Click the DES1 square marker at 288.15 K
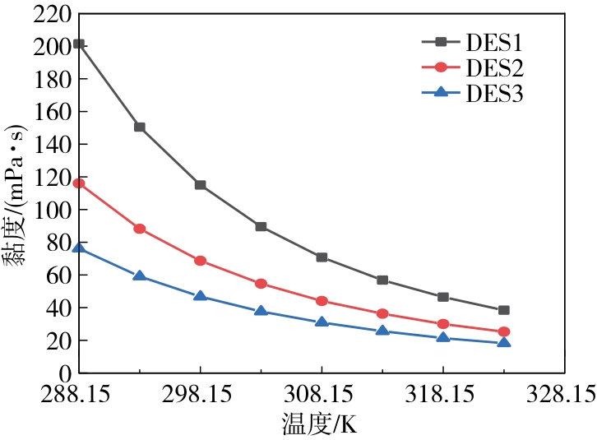[79, 44]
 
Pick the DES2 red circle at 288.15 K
[79, 183]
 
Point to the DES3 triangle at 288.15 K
[79, 248]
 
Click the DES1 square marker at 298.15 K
[201, 185]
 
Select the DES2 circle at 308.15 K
[322, 301]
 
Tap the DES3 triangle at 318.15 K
[443, 338]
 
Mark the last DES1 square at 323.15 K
[504, 310]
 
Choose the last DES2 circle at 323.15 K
[504, 331]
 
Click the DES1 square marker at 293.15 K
[140, 127]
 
